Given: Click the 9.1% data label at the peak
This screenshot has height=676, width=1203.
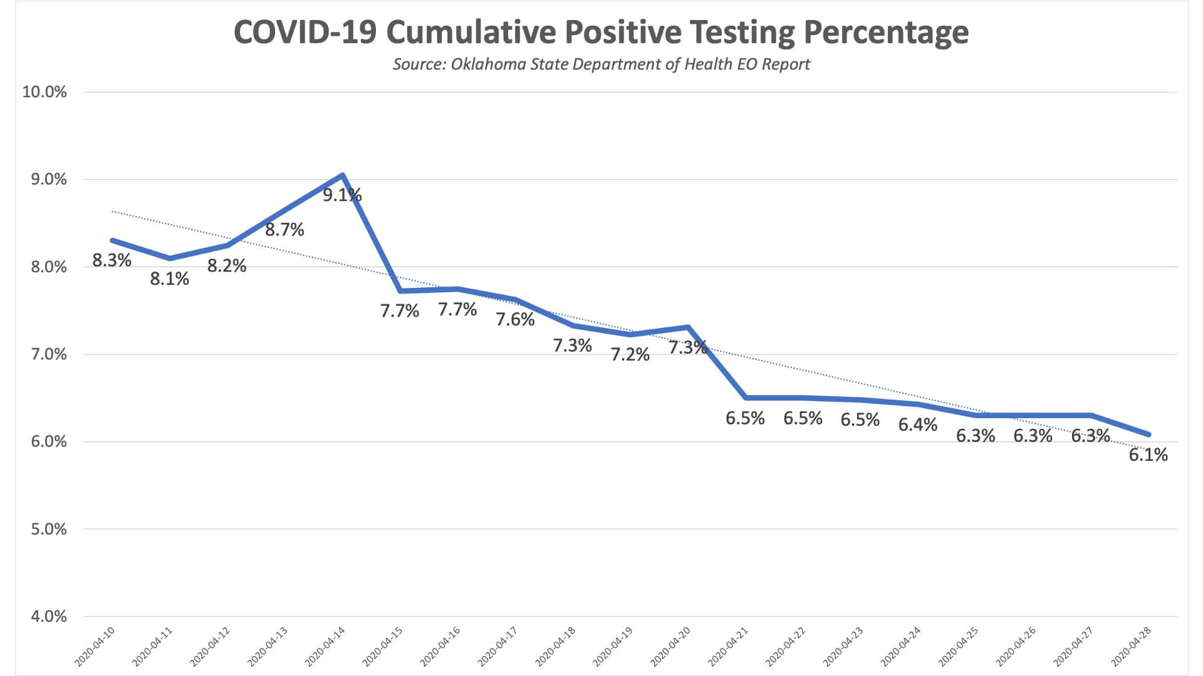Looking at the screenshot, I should (x=342, y=195).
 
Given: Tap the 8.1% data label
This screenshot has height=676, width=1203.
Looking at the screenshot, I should (x=169, y=279).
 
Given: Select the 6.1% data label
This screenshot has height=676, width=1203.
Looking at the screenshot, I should (x=1148, y=455).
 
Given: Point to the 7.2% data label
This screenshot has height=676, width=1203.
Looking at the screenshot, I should (x=630, y=355).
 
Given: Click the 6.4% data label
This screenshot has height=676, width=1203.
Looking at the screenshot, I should (x=917, y=425).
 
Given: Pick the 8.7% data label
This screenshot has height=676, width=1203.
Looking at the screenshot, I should (x=284, y=230).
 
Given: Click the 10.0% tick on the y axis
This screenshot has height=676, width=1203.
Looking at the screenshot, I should (x=44, y=92).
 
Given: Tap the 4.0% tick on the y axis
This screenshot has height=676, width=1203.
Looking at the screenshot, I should (x=48, y=617).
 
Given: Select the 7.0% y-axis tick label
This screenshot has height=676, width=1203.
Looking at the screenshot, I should (x=48, y=354).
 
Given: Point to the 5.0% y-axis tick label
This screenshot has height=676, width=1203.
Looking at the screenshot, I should (x=48, y=529).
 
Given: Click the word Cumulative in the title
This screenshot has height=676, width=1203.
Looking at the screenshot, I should (x=475, y=33).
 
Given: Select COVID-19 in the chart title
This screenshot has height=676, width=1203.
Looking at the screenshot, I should (x=305, y=33).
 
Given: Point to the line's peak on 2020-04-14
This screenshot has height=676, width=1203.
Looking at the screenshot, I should (x=342, y=175).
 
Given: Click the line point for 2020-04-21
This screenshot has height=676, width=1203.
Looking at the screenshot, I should (x=745, y=397).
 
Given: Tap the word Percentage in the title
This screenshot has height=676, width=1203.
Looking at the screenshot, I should (x=886, y=33).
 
